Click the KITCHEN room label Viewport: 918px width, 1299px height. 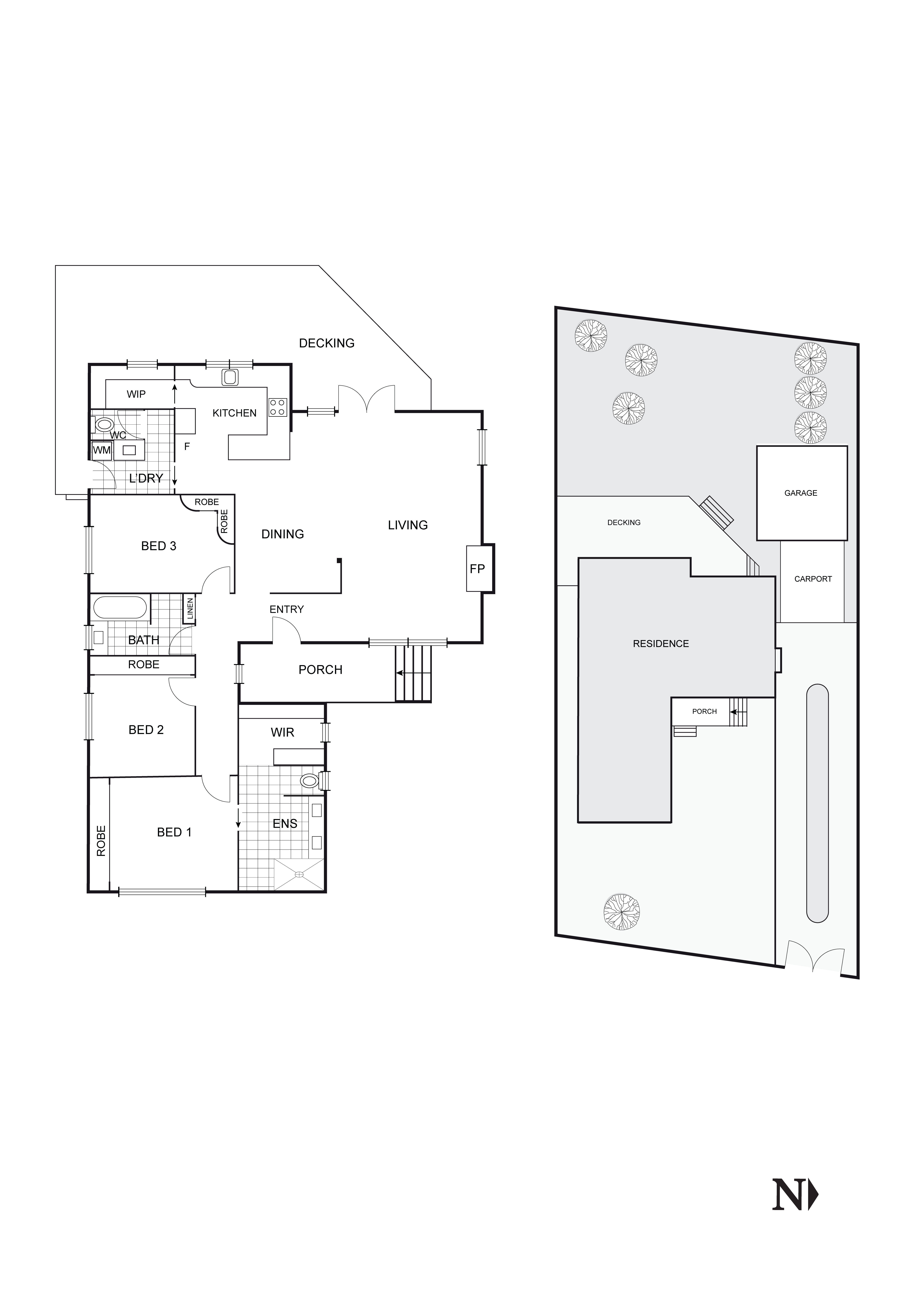point(234,413)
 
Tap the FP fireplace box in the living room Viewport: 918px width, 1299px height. point(477,569)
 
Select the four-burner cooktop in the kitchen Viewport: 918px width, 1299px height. point(277,407)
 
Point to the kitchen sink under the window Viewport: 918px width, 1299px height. point(230,377)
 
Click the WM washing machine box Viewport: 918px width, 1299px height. point(102,450)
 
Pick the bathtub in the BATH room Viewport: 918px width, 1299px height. point(120,608)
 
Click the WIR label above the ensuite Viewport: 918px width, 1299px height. point(282,732)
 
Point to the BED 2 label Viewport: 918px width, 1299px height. point(146,730)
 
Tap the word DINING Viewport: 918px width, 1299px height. point(282,534)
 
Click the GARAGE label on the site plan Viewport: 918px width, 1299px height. point(800,493)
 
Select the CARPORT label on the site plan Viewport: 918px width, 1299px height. point(813,579)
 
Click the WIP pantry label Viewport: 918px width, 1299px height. point(136,394)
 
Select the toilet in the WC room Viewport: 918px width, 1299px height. point(104,423)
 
